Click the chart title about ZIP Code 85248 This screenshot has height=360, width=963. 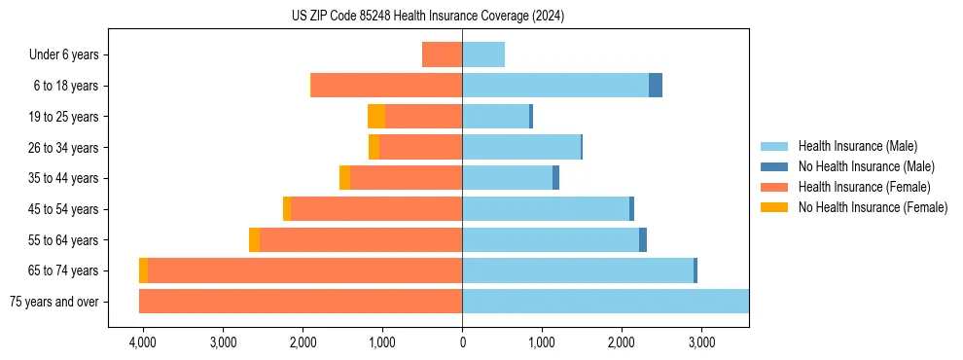pyautogui.click(x=427, y=17)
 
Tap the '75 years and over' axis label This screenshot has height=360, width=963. pyautogui.click(x=53, y=302)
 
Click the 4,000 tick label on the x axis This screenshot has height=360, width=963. pyautogui.click(x=143, y=342)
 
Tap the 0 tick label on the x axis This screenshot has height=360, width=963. pyautogui.click(x=462, y=342)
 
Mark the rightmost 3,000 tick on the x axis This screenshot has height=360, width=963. pyautogui.click(x=701, y=342)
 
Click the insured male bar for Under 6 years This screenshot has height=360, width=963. pyautogui.click(x=483, y=54)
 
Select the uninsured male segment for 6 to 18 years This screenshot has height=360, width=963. pyautogui.click(x=656, y=86)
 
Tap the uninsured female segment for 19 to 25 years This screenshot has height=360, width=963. pyautogui.click(x=376, y=117)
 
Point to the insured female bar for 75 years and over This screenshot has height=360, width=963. pyautogui.click(x=301, y=302)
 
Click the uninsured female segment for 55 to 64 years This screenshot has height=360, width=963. pyautogui.click(x=254, y=240)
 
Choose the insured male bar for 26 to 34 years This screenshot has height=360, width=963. pyautogui.click(x=521, y=147)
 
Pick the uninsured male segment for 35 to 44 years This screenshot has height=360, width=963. pyautogui.click(x=555, y=178)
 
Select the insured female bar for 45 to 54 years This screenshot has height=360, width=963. pyautogui.click(x=376, y=209)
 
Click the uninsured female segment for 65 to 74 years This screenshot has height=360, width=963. pyautogui.click(x=143, y=270)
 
